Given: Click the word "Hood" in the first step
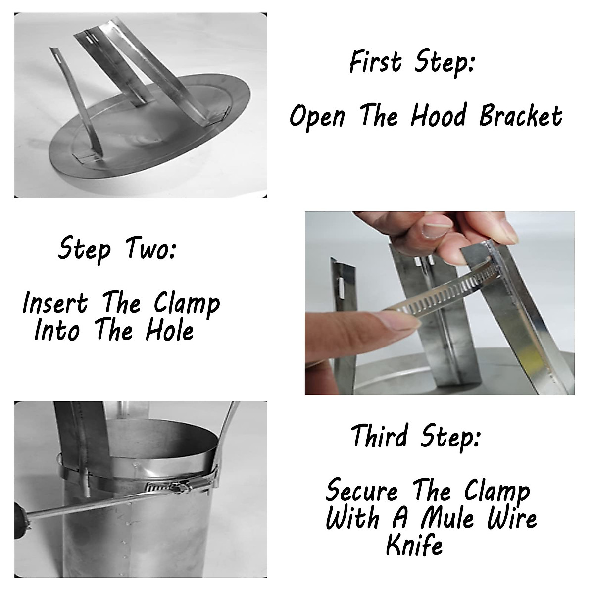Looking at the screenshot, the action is click(438, 115).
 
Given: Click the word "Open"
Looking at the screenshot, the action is click(317, 117).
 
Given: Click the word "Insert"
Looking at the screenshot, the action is click(55, 303).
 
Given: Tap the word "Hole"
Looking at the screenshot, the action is click(170, 331).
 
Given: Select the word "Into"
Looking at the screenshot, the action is click(57, 331).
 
